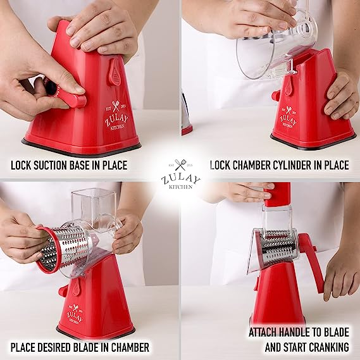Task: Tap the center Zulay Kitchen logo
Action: pyautogui.click(x=180, y=174)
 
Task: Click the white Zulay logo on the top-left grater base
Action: pyautogui.click(x=116, y=116)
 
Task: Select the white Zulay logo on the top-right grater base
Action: pyautogui.click(x=288, y=117)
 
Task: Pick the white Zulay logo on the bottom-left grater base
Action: pyautogui.click(x=75, y=314)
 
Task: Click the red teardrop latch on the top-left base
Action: pyautogui.click(x=114, y=72)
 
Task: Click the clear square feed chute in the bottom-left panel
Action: pyautogui.click(x=94, y=206)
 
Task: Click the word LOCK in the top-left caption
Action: pyautogui.click(x=21, y=165)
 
